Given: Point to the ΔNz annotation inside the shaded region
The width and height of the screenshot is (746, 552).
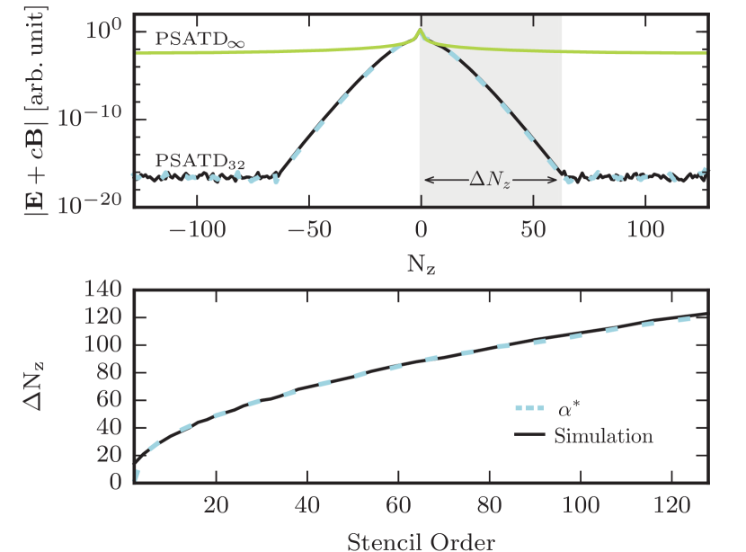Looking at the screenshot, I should pos(492,180).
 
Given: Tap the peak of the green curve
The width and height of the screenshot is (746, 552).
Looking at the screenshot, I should pos(420,32).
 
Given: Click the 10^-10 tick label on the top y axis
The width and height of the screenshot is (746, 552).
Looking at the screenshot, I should pos(91,119).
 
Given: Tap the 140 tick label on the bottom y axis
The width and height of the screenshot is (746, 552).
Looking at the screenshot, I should pos(101,290).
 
